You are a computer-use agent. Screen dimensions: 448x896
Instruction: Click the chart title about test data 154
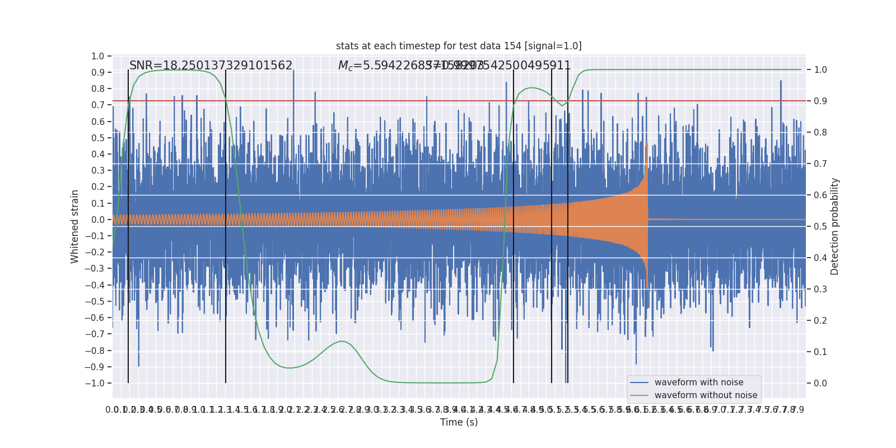[459, 46]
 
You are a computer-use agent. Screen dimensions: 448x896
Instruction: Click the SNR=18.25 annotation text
[211, 66]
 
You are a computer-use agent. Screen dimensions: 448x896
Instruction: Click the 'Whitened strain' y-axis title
[75, 226]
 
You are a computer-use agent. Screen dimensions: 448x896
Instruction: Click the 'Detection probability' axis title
[835, 226]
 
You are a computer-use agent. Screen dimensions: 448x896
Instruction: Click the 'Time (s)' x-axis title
[459, 422]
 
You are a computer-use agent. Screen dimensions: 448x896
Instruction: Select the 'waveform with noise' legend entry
[698, 382]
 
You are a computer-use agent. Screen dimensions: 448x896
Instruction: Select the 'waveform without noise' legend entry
[706, 395]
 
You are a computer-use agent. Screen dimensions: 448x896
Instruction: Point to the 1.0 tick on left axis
[97, 56]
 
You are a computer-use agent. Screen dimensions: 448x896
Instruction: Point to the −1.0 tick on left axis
[95, 383]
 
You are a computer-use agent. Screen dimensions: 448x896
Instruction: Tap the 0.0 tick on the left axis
[97, 220]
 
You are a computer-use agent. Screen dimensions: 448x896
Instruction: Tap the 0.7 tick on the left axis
[97, 105]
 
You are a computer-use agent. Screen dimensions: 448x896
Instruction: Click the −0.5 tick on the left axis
[95, 301]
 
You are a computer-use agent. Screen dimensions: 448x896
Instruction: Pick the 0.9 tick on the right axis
[820, 101]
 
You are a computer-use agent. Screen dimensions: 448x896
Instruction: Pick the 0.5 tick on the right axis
[820, 227]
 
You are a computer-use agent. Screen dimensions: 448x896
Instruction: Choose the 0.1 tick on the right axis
[820, 352]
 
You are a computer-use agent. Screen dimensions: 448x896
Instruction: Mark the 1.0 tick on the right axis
[820, 70]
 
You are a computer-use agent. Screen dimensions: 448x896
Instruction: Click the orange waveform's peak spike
[647, 144]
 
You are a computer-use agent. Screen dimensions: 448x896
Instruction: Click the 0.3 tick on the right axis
[820, 290]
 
